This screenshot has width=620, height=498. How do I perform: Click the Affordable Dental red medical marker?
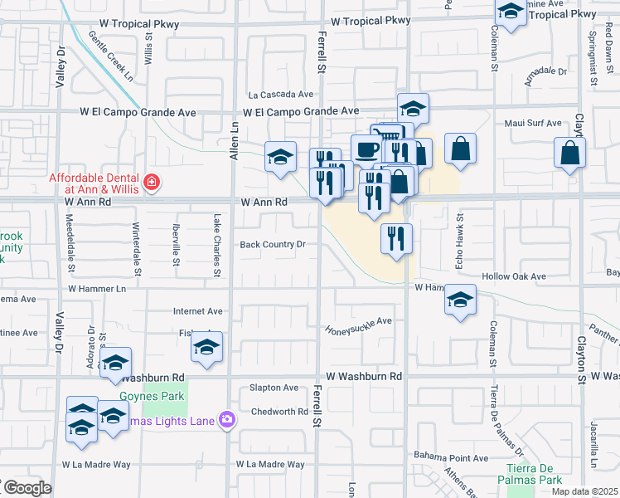click(x=151, y=181)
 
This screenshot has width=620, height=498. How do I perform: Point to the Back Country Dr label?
click(x=273, y=245)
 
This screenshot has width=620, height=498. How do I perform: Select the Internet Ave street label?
click(x=197, y=311)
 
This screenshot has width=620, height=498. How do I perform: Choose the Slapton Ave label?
click(x=274, y=388)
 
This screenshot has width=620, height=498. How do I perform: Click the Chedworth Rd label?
click(x=279, y=412)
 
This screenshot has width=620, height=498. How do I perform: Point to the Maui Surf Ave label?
click(x=533, y=124)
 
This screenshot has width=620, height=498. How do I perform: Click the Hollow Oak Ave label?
click(x=516, y=276)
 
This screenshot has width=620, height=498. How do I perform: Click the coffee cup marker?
click(x=366, y=149)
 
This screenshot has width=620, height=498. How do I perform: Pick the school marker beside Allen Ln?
click(x=281, y=155)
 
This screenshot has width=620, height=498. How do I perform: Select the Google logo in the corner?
click(x=27, y=488)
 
